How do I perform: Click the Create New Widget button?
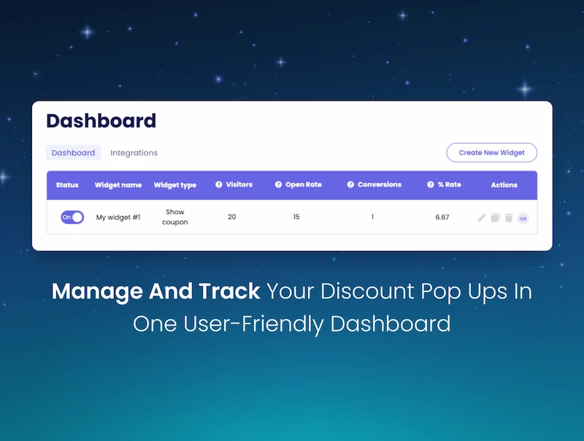coord(491,153)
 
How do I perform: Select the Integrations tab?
coord(134,153)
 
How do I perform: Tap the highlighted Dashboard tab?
coord(73,153)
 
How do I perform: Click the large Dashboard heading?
coord(101,120)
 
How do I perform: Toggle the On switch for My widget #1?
coord(72,217)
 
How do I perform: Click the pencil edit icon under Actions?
coord(482,218)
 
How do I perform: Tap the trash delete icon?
coord(509,218)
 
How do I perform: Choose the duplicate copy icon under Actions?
coord(495,218)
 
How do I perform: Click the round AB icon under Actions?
coord(523,218)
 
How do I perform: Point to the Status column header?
coord(67,185)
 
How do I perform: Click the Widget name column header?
coord(118,185)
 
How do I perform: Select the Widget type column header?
coord(175,185)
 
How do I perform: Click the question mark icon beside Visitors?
coord(219,185)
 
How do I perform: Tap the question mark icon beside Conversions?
coord(350,185)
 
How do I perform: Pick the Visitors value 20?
coord(232,217)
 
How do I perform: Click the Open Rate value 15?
coord(296,217)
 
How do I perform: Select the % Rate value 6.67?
coord(442,217)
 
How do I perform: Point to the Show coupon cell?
coord(175,217)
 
